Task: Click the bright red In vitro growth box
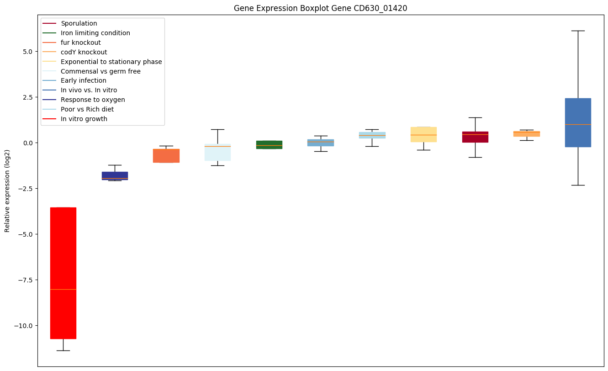pos(63,273)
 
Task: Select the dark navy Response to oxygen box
pos(115,175)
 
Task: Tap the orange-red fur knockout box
pos(166,155)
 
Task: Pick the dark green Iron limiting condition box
pos(269,144)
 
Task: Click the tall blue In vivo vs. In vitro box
pos(578,122)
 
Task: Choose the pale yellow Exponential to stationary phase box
pos(423,134)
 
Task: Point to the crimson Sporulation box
pos(475,137)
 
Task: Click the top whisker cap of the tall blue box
pos(578,31)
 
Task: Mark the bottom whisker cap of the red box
pos(63,350)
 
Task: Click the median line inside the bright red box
pos(63,289)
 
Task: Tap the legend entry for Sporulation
pos(79,23)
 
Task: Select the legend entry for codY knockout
pos(84,52)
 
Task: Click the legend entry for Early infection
pos(83,81)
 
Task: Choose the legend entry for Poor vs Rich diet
pos(87,110)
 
